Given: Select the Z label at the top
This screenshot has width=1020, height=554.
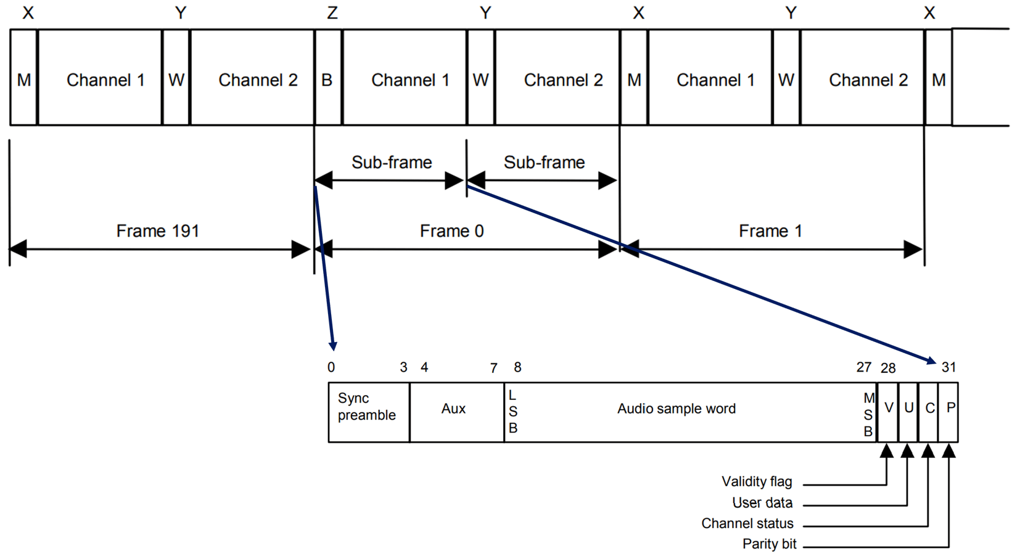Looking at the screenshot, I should [x=332, y=13].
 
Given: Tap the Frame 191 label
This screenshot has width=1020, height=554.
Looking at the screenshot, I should [x=158, y=231].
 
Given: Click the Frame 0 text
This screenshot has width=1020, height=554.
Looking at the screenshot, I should [x=451, y=231].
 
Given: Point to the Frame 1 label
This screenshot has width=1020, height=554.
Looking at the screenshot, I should [x=770, y=231].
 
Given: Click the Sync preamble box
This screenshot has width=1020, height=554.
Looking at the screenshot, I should [x=368, y=411].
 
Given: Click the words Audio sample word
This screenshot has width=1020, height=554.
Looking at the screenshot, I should [x=677, y=409].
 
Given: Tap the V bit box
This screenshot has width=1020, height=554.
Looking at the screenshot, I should [x=888, y=411].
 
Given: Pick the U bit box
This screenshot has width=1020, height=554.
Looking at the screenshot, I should [x=908, y=411].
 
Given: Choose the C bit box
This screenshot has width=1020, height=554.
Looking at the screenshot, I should [x=929, y=411].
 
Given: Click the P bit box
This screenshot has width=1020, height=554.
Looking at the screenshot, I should [x=949, y=411].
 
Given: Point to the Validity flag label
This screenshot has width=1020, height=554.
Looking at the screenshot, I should [x=757, y=481].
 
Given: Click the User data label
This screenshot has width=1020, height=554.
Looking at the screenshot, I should [x=762, y=502].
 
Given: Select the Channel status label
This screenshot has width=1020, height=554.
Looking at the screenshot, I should [x=747, y=523].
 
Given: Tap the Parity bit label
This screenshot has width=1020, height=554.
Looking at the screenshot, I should [x=769, y=544].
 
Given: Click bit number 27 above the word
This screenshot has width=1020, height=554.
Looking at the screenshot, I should [x=863, y=367].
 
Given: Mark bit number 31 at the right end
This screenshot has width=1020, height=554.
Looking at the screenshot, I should [x=948, y=368].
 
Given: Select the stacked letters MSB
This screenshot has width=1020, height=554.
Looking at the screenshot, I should [x=868, y=415].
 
